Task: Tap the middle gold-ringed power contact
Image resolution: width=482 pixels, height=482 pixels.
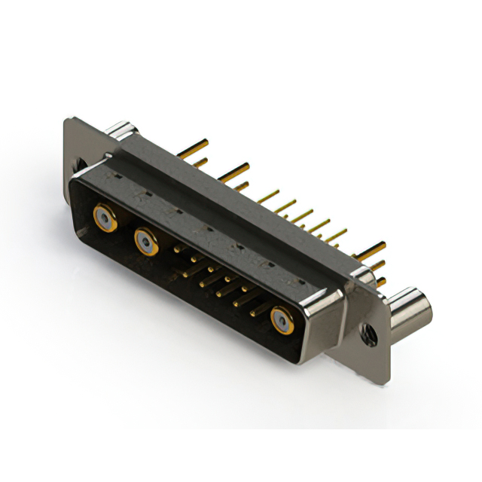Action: [146, 242]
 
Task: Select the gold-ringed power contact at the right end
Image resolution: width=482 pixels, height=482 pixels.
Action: [282, 321]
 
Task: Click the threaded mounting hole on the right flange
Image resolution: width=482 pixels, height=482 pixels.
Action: [369, 331]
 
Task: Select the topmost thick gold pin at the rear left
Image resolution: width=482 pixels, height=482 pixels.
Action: [194, 145]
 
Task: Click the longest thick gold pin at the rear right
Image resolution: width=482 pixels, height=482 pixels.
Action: [371, 249]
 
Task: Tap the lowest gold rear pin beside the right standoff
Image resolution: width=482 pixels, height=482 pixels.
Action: [381, 282]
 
